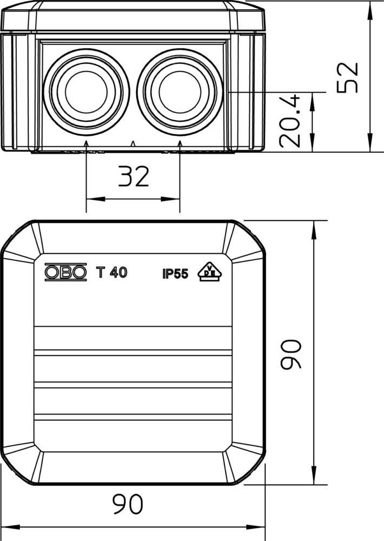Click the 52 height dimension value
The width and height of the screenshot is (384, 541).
(x=347, y=77)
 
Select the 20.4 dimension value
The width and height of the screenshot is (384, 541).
(x=290, y=121)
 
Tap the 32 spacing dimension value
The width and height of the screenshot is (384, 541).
(x=134, y=176)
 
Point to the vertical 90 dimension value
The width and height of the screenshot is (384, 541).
(x=291, y=355)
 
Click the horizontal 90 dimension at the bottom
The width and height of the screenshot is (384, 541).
(x=128, y=504)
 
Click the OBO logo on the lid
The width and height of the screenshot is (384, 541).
(x=65, y=273)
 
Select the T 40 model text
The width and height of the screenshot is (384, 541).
(x=111, y=273)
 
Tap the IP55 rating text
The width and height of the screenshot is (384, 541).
(x=176, y=274)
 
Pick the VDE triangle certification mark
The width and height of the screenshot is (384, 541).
(x=209, y=272)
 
